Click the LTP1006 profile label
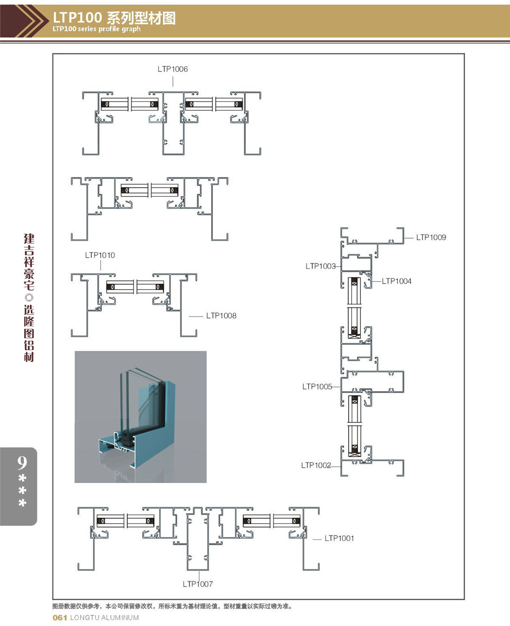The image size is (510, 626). coord(173,69)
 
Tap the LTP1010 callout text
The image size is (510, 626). coord(100,255)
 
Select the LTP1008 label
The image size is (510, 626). coord(221,316)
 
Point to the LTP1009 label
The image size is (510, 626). coord(431,237)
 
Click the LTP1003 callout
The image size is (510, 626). coord(320,266)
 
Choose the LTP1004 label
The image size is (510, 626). coord(397,281)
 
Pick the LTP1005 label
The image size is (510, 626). coord(317,387)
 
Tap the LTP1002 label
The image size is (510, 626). coord(316,465)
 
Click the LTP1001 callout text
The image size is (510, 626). coord(339,538)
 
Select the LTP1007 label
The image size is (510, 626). coord(198,584)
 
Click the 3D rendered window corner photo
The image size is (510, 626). coord(141,417)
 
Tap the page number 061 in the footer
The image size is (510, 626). coord(60,617)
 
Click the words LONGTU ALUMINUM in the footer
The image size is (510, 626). coord(105,617)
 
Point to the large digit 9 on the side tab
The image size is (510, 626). coord(22,463)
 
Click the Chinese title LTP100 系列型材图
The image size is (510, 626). coord(114,18)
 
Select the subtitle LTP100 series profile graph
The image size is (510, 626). coord(96,29)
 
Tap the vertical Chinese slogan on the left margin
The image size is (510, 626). coord(29,298)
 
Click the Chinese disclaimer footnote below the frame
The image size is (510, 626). coord(172,606)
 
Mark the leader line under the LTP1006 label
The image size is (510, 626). coord(173,81)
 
